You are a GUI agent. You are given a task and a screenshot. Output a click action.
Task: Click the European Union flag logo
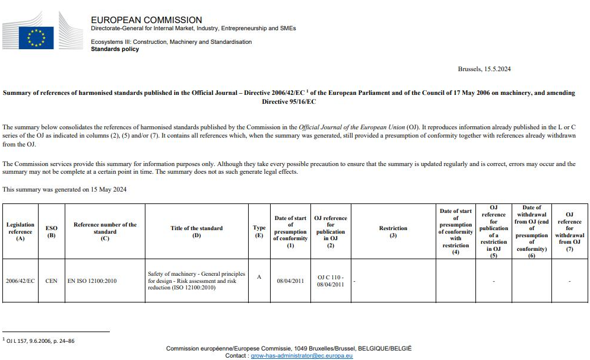coord(36,38)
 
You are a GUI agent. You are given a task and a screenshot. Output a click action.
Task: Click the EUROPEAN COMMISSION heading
coord(146,20)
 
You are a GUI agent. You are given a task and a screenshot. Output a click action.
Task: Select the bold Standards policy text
coord(115,49)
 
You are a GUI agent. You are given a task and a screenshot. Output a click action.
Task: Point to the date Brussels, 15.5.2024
coord(484,69)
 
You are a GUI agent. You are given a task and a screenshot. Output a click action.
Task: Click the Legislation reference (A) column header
coord(20,231)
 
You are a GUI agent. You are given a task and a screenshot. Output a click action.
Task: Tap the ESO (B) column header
coord(51,231)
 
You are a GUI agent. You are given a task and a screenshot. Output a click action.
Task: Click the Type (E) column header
coord(259,231)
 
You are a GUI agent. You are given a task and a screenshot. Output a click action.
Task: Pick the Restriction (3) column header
coord(393,231)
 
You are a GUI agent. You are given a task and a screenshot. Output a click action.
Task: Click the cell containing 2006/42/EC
coord(20,281)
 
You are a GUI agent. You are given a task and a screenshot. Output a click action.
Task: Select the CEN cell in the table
coord(51,281)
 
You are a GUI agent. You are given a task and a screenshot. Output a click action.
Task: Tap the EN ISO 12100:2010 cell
coord(92,281)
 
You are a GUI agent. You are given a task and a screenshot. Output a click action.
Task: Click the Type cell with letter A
coord(259,276)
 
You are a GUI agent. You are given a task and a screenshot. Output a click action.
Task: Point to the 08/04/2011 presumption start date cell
coord(290,281)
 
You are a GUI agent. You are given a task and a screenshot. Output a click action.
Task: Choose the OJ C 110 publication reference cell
coord(331,281)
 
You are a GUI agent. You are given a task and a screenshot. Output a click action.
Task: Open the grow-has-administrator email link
coord(302,356)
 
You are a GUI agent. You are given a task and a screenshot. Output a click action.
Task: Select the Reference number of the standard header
coord(104,228)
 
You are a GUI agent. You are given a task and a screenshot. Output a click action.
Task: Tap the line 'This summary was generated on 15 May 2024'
coord(64,190)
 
